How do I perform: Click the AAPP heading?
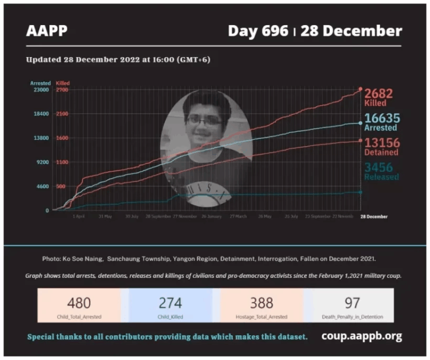[46, 30]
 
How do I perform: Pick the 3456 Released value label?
[381, 171]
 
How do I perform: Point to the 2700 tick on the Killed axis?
[62, 90]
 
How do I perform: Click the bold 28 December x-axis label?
[373, 216]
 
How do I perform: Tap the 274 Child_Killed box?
[170, 306]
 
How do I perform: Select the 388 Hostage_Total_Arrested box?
[261, 306]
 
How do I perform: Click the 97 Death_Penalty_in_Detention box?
[352, 306]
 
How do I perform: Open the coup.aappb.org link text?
[361, 336]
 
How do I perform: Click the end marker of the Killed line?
[361, 90]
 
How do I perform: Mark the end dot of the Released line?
[360, 192]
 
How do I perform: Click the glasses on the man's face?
[203, 120]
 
